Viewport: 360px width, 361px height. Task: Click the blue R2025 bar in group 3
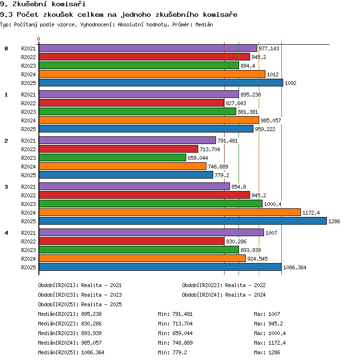[183, 221]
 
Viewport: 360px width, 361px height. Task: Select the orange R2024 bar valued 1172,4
[170, 212]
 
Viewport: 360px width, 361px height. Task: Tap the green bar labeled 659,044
[112, 158]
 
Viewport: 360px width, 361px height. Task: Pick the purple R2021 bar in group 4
[152, 232]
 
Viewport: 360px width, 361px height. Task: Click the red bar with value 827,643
[132, 103]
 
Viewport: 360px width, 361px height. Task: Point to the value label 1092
[290, 83]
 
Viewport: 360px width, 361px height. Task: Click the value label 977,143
[269, 48]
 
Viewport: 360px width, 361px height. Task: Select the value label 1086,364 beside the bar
[295, 267]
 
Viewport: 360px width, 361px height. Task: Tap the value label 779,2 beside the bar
[222, 175]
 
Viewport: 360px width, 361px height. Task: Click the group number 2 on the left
[6, 141]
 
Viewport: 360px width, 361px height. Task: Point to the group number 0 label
[6, 48]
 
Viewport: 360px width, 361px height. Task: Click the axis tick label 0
[39, 39]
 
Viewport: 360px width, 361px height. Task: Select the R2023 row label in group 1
[28, 112]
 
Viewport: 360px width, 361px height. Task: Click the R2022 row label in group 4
[28, 241]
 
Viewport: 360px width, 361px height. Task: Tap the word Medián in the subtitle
[204, 24]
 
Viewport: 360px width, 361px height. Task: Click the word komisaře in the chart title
[220, 15]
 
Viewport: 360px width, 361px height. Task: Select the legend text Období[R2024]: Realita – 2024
[224, 295]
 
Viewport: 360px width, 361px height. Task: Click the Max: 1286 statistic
[267, 352]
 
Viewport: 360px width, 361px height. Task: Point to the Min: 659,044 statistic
[175, 333]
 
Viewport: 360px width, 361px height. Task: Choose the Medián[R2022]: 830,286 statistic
[70, 324]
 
